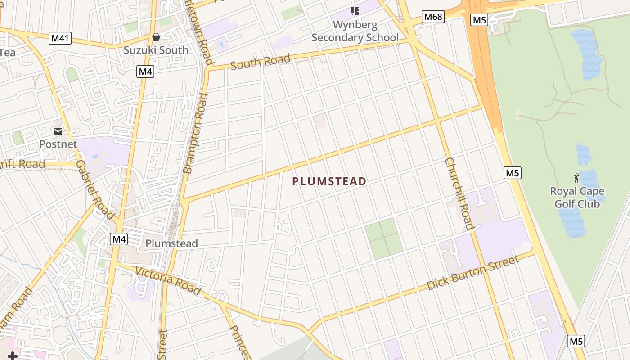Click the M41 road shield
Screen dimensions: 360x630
(x=60, y=38)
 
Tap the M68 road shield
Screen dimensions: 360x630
(x=433, y=17)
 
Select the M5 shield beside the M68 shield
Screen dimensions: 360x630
(x=479, y=20)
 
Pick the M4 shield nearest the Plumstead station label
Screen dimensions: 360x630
(x=119, y=239)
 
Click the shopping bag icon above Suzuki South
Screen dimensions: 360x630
(x=156, y=36)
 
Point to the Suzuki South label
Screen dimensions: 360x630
(x=156, y=50)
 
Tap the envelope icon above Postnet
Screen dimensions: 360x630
(x=58, y=131)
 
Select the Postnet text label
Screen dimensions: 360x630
(x=58, y=144)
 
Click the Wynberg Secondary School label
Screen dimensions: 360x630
(x=355, y=31)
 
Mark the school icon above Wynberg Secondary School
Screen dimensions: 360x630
(x=355, y=11)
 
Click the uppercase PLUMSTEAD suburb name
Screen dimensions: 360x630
(x=329, y=181)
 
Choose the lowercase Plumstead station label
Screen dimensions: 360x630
(x=171, y=243)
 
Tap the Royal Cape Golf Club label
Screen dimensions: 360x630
(x=577, y=198)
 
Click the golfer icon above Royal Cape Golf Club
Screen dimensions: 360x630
(x=576, y=178)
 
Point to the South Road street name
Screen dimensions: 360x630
(x=260, y=62)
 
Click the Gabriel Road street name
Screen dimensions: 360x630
(x=95, y=190)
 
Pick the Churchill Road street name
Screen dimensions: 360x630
(x=459, y=193)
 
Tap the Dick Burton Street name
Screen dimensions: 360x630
(x=473, y=272)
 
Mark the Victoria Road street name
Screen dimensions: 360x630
(x=168, y=281)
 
